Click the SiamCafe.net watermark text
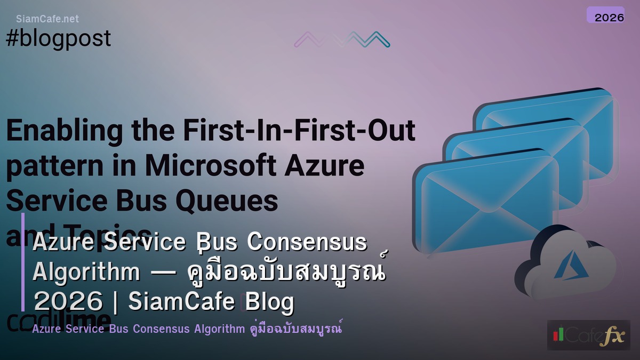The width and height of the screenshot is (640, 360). tap(47, 19)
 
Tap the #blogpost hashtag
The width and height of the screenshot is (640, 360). tap(59, 38)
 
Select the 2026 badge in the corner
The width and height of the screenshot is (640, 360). tap(605, 16)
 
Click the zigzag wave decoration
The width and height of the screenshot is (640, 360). tap(342, 39)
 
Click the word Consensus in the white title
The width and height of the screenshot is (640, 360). tap(307, 242)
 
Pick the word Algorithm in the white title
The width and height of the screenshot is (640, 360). tap(86, 271)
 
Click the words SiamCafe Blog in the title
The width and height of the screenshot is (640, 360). tap(211, 302)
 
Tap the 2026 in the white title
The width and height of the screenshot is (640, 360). tap(68, 302)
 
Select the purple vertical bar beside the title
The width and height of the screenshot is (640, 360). tap(23, 261)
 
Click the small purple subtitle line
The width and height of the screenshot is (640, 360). tap(187, 329)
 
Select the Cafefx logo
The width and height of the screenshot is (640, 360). tap(588, 335)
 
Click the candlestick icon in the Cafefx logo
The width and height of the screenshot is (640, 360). tap(558, 334)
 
